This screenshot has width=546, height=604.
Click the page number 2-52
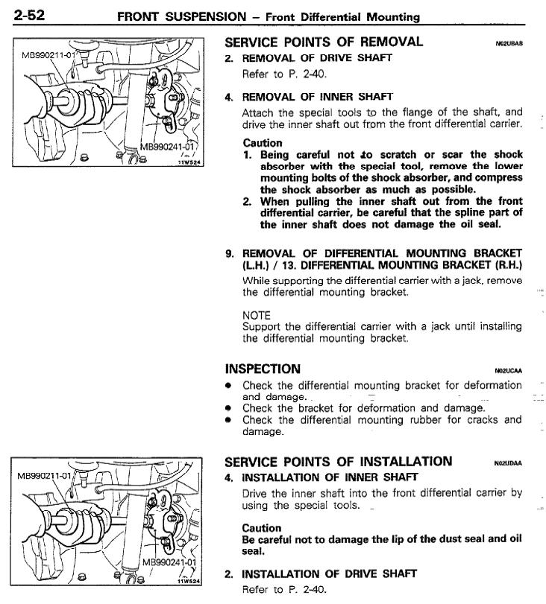29,15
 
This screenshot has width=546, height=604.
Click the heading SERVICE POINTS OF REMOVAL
324,42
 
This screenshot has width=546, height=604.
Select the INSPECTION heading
263,369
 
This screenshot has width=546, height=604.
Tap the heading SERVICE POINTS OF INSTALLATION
338,461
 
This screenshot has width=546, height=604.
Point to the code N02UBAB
509,44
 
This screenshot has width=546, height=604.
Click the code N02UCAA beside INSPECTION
509,371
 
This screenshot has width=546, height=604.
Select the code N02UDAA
509,463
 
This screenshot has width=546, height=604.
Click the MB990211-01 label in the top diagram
48,54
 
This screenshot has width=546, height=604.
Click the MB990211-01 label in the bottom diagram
44,475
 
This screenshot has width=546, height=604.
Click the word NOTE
257,315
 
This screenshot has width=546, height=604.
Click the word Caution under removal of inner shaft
263,143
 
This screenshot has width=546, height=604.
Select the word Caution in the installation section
262,528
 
